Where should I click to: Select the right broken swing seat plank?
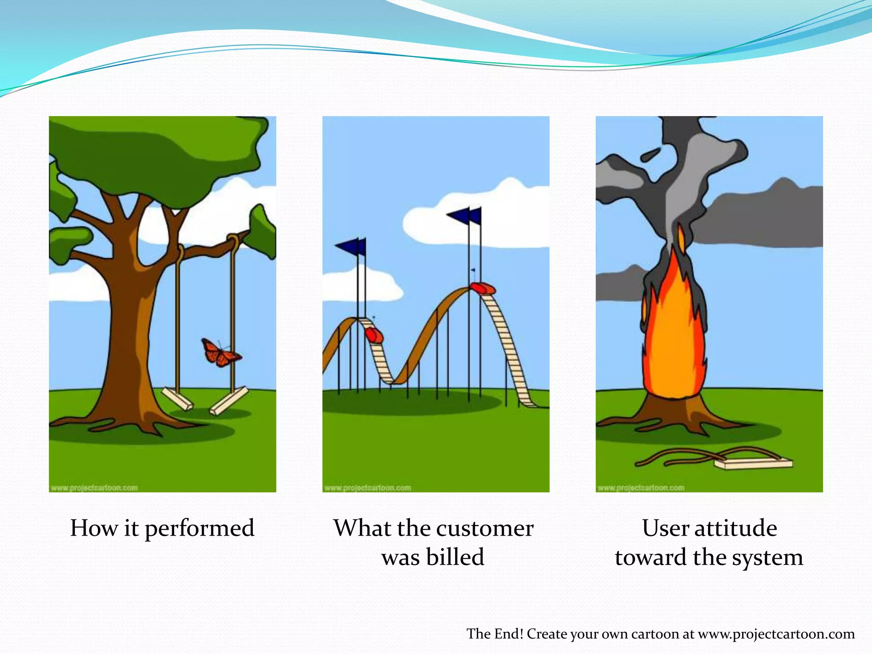(x=228, y=400)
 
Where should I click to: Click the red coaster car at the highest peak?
(x=483, y=288)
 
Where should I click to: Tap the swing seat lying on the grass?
(x=753, y=463)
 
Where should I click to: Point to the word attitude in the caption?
(x=736, y=528)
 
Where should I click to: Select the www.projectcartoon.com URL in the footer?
(x=776, y=634)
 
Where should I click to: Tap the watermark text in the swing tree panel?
(x=95, y=488)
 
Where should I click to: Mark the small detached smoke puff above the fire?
(x=651, y=154)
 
